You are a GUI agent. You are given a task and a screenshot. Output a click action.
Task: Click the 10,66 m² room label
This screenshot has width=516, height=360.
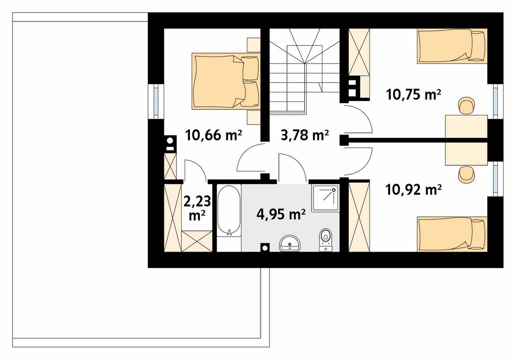point(213,135)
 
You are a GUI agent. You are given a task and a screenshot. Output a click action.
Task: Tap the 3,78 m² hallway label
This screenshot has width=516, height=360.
point(304,135)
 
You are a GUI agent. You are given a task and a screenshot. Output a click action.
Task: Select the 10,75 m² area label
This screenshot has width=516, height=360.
point(413,95)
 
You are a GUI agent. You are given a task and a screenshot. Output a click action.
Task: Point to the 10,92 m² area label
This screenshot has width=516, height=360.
point(413,190)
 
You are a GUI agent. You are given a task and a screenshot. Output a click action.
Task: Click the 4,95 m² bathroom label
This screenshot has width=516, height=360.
point(281,214)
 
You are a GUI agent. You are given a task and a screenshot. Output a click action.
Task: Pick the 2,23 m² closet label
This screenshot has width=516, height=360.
point(197,208)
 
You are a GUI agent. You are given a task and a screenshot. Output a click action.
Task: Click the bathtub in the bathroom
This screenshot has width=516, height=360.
point(229,211)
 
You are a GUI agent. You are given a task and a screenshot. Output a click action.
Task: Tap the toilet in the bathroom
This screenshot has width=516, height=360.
point(326,240)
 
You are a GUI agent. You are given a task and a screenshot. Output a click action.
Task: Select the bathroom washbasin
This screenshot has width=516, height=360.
point(290,243)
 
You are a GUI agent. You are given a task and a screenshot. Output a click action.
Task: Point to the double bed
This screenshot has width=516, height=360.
point(226,81)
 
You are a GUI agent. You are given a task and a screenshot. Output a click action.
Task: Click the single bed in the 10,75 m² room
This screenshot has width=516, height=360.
point(452,46)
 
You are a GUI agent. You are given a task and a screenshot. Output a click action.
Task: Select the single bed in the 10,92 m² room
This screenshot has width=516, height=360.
point(452,234)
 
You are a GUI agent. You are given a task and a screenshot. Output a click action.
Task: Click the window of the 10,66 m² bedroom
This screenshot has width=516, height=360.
point(156,101)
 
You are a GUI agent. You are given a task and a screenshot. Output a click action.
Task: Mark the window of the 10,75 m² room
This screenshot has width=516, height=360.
point(495,101)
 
